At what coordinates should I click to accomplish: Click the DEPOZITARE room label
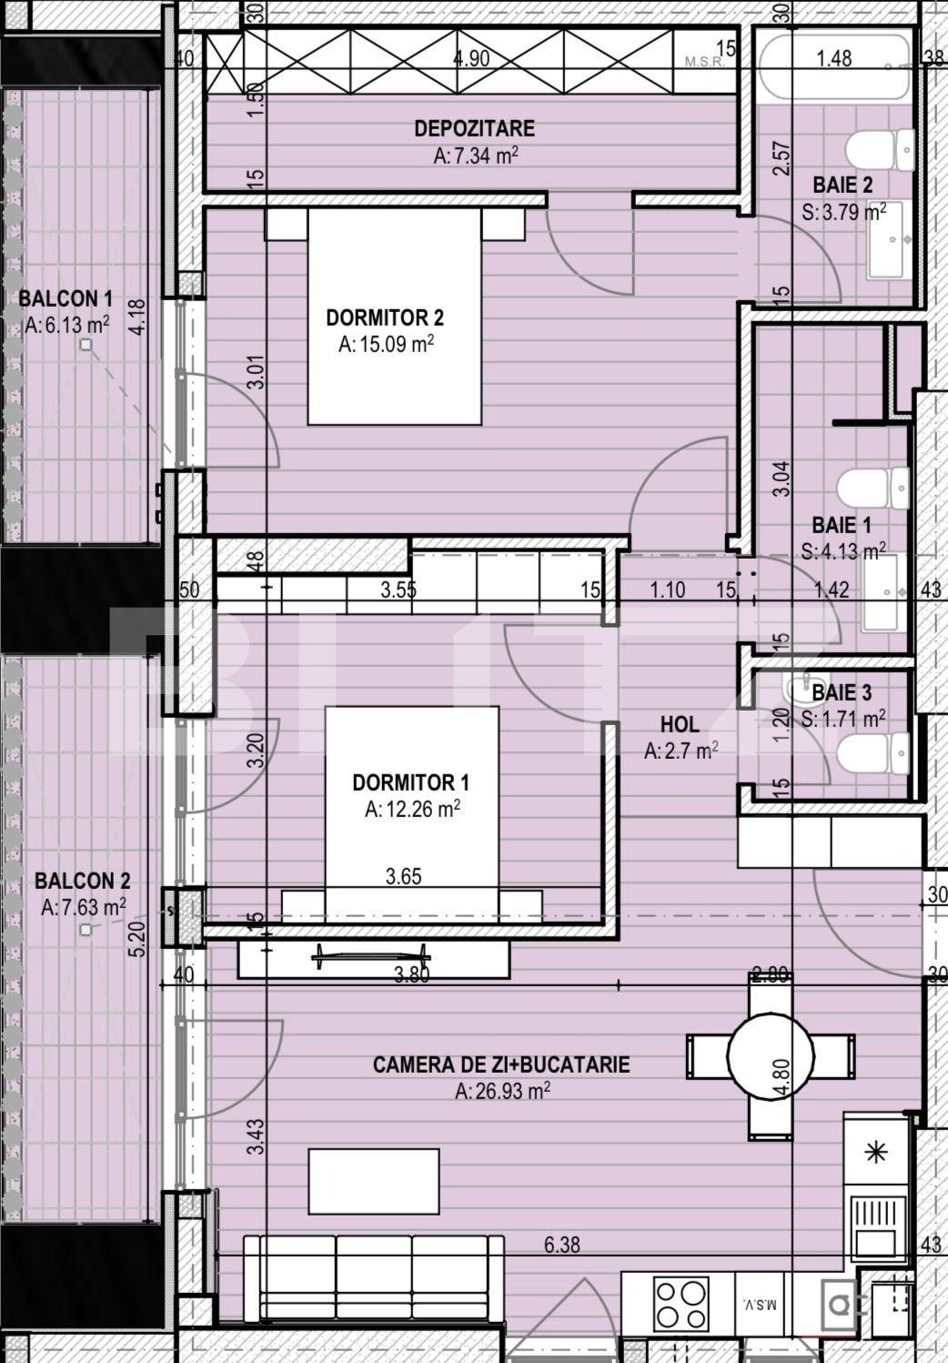pyautogui.click(x=474, y=128)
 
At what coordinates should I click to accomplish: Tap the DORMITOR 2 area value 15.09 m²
pyautogui.click(x=385, y=345)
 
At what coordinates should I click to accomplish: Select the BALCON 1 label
pyautogui.click(x=66, y=298)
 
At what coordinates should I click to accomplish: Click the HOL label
pyautogui.click(x=679, y=724)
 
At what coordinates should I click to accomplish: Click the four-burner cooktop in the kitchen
pyautogui.click(x=681, y=1305)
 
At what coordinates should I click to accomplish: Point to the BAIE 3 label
pyautogui.click(x=842, y=693)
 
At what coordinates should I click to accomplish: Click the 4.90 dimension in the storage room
pyautogui.click(x=471, y=59)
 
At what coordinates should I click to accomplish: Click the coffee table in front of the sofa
pyautogui.click(x=373, y=1181)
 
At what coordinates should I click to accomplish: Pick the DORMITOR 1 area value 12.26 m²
pyautogui.click(x=411, y=809)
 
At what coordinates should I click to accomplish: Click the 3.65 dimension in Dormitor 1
pyautogui.click(x=403, y=876)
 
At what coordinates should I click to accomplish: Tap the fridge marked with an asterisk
pyautogui.click(x=875, y=1153)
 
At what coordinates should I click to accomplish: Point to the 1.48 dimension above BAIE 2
pyautogui.click(x=833, y=58)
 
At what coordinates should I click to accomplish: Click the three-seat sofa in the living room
pyautogui.click(x=373, y=1277)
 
